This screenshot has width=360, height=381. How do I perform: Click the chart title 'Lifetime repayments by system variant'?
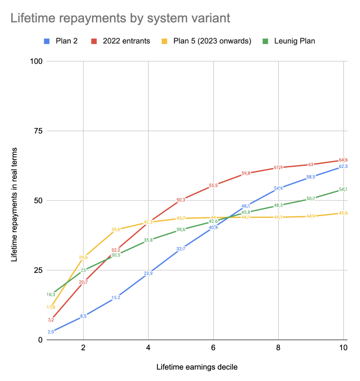click(120, 18)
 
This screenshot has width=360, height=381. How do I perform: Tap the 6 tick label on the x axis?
click(213, 348)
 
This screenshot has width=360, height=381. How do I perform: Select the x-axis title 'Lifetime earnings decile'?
click(197, 367)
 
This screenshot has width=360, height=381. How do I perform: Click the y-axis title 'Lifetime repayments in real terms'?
click(14, 205)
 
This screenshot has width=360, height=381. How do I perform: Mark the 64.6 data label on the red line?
click(343, 160)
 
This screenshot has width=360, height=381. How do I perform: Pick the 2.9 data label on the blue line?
click(51, 332)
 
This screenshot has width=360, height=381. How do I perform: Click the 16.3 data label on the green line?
click(51, 294)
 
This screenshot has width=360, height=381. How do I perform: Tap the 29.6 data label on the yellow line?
click(83, 257)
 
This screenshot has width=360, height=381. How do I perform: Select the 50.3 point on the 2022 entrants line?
click(181, 200)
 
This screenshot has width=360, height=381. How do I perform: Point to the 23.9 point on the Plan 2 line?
click(148, 273)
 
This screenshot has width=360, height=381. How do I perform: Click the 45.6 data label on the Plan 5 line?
click(343, 213)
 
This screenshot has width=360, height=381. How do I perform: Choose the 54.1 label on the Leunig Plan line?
click(343, 189)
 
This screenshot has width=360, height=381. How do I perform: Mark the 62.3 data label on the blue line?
click(343, 166)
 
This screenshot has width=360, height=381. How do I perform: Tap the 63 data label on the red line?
click(311, 164)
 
